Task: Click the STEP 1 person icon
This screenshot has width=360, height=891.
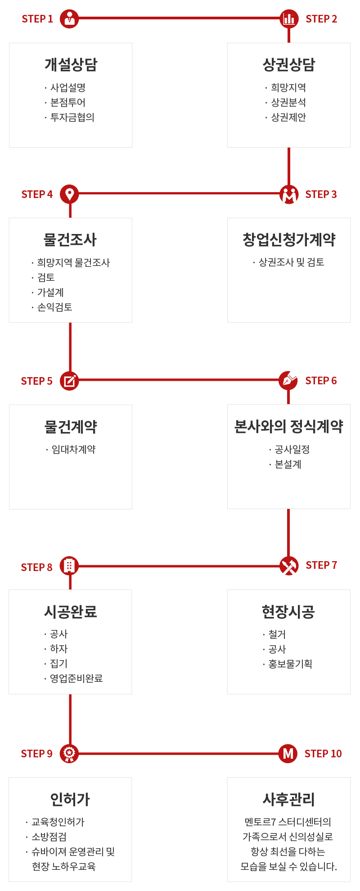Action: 69,18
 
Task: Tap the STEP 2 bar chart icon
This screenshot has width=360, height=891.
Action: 289,18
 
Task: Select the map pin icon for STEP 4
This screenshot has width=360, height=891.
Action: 69,194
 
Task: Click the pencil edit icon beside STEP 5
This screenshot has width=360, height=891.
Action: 69,381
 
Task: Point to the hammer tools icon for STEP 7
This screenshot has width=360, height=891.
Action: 289,566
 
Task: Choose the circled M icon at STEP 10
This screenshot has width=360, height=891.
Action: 288,753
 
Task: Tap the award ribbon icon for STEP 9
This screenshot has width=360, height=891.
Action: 69,753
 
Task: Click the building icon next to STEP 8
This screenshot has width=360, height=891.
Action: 69,566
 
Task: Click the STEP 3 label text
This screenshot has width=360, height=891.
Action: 321,194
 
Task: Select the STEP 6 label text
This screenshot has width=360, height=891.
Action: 321,381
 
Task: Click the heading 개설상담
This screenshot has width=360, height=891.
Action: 71,64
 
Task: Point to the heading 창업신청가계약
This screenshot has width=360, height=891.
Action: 289,239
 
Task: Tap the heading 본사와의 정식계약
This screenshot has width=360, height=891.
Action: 289,426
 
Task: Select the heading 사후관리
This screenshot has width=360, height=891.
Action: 289,799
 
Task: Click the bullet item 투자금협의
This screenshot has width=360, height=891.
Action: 72,117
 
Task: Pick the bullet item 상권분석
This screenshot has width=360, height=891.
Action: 288,103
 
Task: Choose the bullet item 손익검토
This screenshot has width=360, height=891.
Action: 54,307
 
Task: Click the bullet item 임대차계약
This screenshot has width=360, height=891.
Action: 73,450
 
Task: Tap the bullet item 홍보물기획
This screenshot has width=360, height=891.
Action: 290,664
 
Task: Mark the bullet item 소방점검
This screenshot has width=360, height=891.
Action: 49,837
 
